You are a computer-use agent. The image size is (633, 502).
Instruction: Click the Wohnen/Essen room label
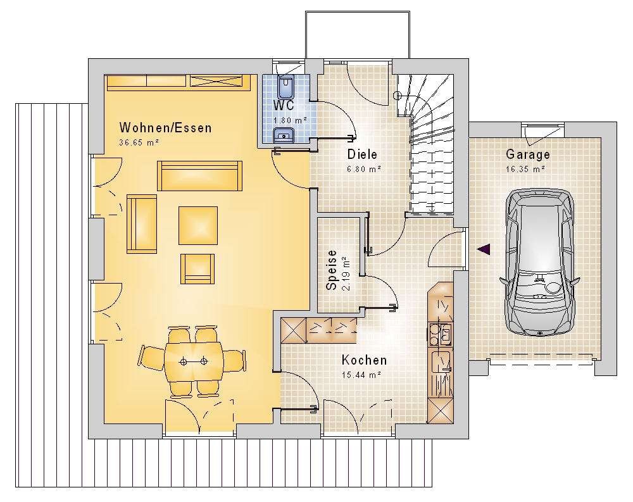pyautogui.click(x=165, y=128)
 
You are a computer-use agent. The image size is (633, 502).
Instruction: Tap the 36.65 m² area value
pyautogui.click(x=139, y=142)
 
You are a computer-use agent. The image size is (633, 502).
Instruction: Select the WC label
pyautogui.click(x=284, y=106)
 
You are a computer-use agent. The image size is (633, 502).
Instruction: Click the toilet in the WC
pyautogui.click(x=286, y=87)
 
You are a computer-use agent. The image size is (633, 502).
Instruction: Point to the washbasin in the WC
pyautogui.click(x=284, y=135)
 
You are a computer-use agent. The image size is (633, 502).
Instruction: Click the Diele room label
pyautogui.click(x=362, y=154)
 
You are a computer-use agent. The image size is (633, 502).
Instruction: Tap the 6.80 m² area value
pyautogui.click(x=364, y=169)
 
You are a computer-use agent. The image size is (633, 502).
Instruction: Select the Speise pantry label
pyautogui.click(x=332, y=270)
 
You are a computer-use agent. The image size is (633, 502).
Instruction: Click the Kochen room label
pyautogui.click(x=364, y=360)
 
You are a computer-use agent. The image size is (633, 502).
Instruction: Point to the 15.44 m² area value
pyautogui.click(x=361, y=375)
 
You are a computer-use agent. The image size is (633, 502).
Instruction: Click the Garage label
pyautogui.click(x=528, y=154)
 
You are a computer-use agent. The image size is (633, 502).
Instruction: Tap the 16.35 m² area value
pyautogui.click(x=525, y=169)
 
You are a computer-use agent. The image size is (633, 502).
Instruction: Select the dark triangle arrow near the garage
pyautogui.click(x=484, y=249)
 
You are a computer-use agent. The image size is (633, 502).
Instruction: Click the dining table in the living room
pyautogui.click(x=194, y=361)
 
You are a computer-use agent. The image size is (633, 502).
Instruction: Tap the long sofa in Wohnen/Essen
pyautogui.click(x=199, y=176)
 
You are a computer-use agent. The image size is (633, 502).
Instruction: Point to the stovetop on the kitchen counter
pyautogui.click(x=440, y=334)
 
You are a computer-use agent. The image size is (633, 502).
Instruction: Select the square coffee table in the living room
pyautogui.click(x=198, y=225)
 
